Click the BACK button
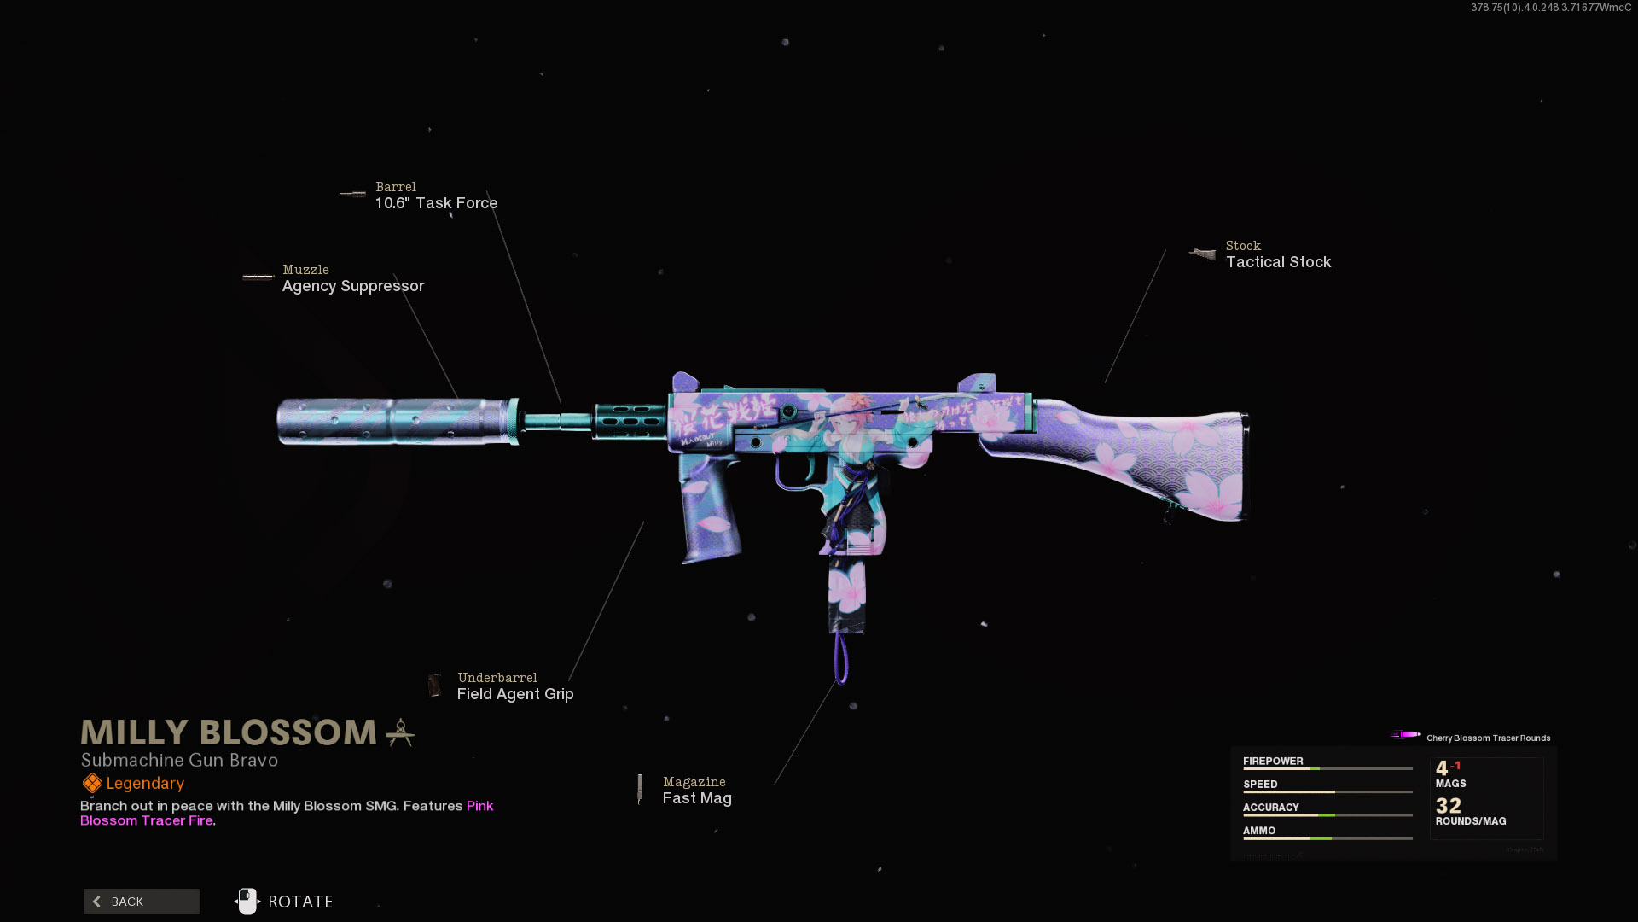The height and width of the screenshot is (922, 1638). [142, 902]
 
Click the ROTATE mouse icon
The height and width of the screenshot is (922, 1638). [247, 902]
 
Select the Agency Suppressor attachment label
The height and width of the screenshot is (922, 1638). [352, 286]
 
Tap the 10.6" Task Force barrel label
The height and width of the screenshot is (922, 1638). [436, 203]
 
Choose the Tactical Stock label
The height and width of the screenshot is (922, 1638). [1278, 262]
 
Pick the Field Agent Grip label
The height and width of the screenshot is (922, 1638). [514, 694]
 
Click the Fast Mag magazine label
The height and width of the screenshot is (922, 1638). [697, 798]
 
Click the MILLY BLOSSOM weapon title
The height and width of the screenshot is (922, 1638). [229, 732]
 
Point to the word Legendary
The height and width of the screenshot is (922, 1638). [145, 784]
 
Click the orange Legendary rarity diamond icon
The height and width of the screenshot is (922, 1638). [92, 783]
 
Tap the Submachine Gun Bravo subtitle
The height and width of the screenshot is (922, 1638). [179, 760]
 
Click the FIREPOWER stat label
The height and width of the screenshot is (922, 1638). [1273, 762]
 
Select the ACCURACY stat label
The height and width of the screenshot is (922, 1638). [1270, 808]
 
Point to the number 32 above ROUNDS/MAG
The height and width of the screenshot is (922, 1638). [1448, 806]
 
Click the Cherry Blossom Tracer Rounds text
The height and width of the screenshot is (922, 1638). [1488, 738]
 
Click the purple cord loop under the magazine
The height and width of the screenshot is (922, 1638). [841, 659]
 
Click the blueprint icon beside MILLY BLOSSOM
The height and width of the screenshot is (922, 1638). [400, 732]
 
